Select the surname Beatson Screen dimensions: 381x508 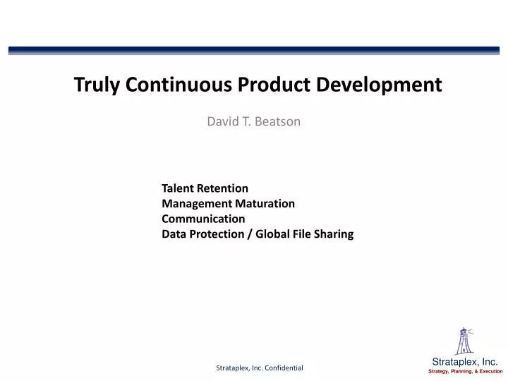[x=277, y=121]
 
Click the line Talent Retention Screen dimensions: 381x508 [x=205, y=188]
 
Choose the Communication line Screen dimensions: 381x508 [x=203, y=219]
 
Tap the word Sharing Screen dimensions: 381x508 [x=333, y=234]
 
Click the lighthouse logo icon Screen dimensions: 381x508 [x=464, y=341]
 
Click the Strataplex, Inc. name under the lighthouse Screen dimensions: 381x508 [x=464, y=361]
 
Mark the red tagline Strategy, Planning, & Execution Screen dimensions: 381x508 [x=465, y=371]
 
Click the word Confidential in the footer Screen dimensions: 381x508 [x=280, y=368]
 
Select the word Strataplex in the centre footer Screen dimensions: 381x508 [x=233, y=368]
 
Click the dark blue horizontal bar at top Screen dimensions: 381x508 [x=254, y=51]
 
